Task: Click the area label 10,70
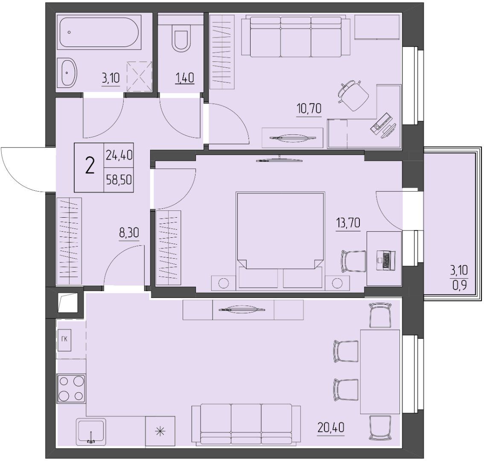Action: click(309, 109)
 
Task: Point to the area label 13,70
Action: click(348, 222)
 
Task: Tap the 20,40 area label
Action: click(331, 428)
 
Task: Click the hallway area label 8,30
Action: click(129, 232)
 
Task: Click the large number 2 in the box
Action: click(90, 167)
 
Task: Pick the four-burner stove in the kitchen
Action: click(71, 388)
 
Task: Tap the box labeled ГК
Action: click(64, 340)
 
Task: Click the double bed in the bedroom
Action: click(280, 241)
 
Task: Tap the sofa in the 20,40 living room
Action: click(246, 423)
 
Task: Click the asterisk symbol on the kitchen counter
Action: click(160, 432)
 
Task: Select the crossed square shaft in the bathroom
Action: click(140, 76)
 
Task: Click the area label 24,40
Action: click(119, 155)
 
